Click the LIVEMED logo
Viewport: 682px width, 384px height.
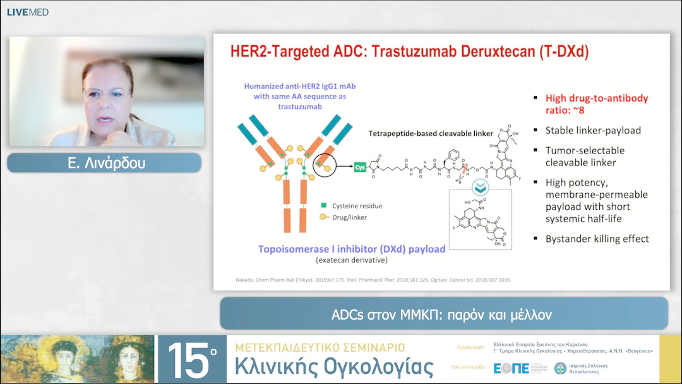click(x=28, y=12)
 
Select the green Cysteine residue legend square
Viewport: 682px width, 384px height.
click(x=324, y=206)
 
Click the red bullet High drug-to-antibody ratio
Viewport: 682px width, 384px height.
click(x=597, y=104)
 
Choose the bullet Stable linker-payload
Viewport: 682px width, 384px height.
click(x=593, y=131)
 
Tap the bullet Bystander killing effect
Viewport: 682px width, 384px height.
click(x=597, y=239)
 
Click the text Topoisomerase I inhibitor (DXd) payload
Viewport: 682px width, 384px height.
click(x=352, y=249)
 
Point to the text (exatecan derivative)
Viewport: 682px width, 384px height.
click(x=352, y=261)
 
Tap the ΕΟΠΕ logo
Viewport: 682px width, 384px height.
click(x=512, y=368)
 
